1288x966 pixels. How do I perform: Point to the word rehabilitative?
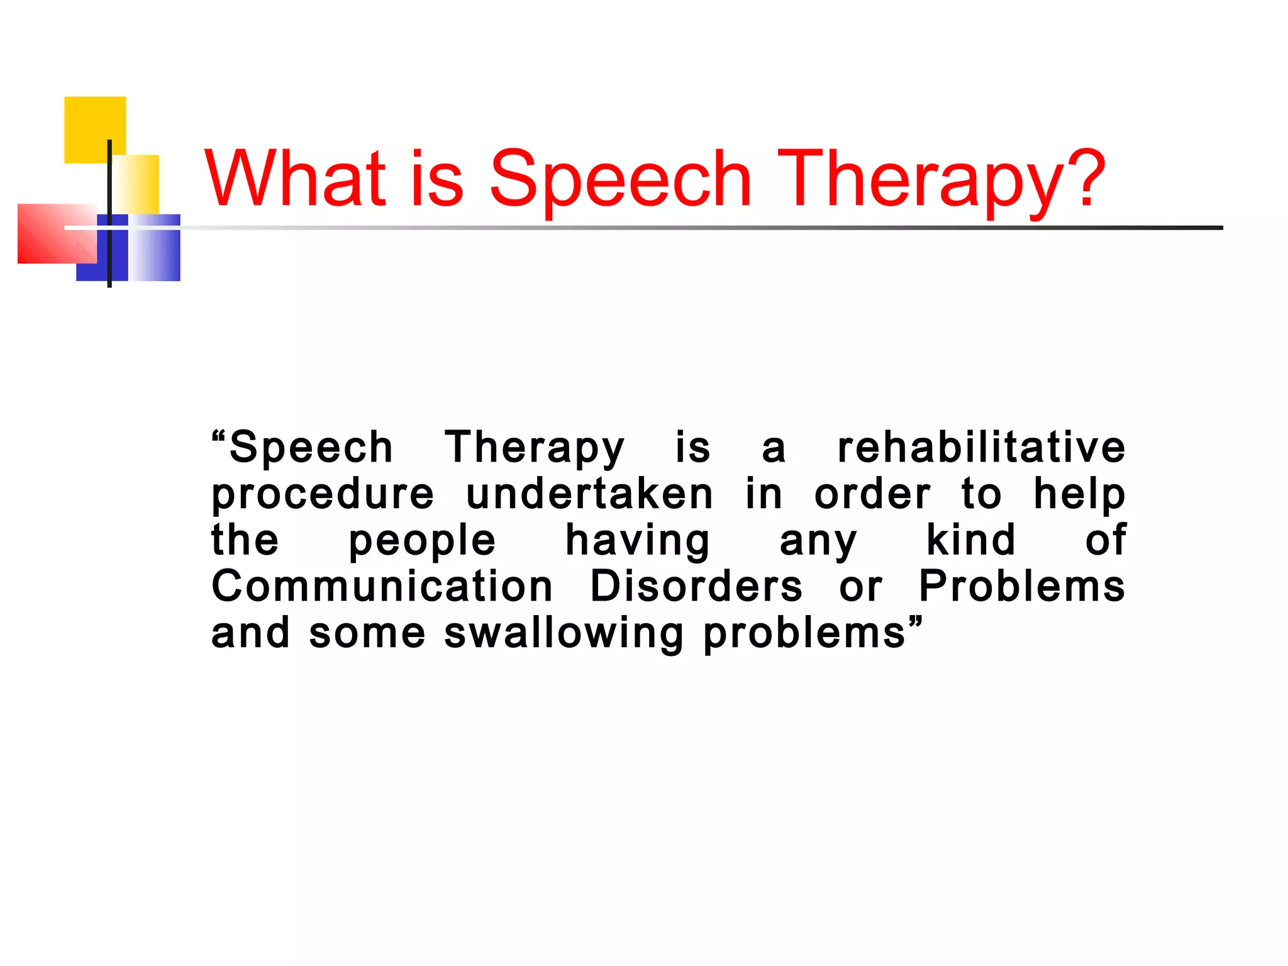point(981,447)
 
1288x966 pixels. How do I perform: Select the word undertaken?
point(589,494)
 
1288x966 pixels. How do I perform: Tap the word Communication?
point(382,586)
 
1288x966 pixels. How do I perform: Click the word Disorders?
point(696,586)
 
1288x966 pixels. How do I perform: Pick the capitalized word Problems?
point(1021,586)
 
